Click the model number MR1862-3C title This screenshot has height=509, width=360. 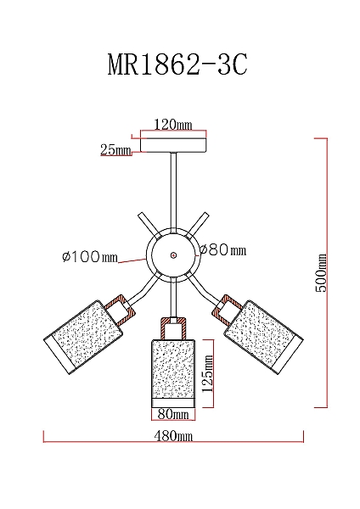click(177, 64)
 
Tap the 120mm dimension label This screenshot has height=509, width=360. click(173, 125)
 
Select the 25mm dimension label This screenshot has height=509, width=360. click(115, 149)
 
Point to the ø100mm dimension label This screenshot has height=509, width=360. click(90, 257)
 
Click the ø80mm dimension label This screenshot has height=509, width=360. click(223, 250)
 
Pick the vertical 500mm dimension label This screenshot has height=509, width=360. click(321, 272)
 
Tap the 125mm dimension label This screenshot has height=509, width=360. click(207, 373)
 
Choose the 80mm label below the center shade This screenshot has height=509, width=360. click(173, 414)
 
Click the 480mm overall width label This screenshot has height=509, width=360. click(173, 436)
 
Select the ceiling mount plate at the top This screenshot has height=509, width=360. click(173, 145)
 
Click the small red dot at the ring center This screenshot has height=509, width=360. click(173, 255)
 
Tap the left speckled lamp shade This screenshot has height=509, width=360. click(84, 337)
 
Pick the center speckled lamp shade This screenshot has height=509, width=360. click(173, 373)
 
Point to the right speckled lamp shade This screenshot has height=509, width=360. click(263, 337)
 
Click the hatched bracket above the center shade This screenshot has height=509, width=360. click(173, 328)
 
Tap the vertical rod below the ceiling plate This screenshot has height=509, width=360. click(173, 193)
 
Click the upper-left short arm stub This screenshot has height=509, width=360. click(149, 224)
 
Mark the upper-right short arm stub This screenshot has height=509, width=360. click(198, 224)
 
